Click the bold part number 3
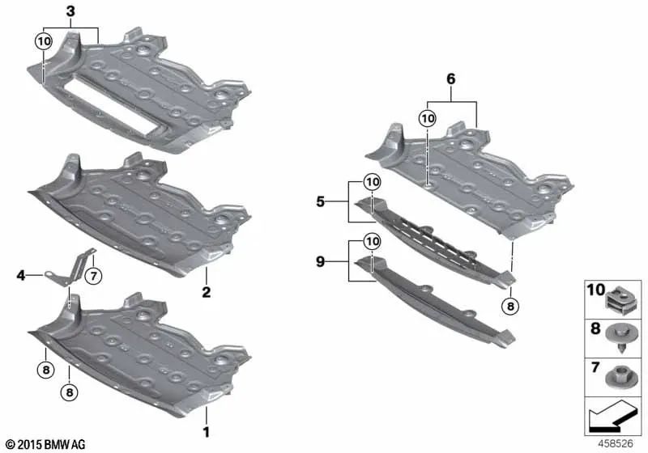[70, 11]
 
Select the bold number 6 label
[451, 78]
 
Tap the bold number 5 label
[320, 201]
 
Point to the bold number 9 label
[320, 261]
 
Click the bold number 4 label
[21, 275]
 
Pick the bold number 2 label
[207, 292]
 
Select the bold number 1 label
[206, 432]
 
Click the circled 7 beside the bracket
[93, 275]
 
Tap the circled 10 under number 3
[44, 41]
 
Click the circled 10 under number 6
[428, 119]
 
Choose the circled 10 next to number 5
[372, 181]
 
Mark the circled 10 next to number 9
[372, 241]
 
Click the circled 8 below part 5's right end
[510, 306]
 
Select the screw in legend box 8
[620, 337]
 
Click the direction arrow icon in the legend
[612, 416]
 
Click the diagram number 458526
[616, 444]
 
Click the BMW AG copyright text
[46, 444]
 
